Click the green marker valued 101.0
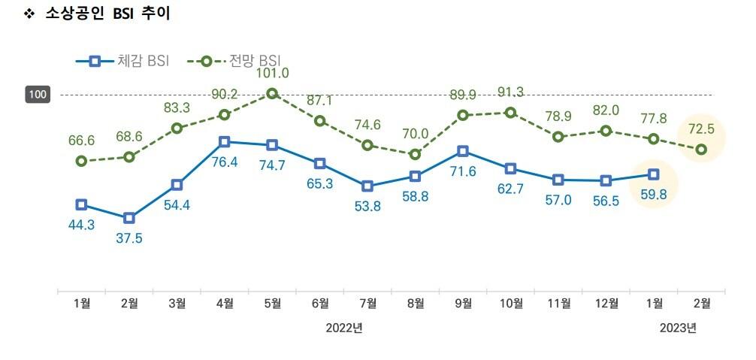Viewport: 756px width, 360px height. (272, 93)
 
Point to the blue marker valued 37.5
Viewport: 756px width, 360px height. (129, 218)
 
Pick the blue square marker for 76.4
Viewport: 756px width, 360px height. (224, 141)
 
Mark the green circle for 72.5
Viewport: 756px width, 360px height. (701, 150)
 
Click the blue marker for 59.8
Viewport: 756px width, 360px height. (654, 174)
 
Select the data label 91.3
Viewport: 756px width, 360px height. (511, 92)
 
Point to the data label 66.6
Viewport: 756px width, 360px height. (81, 141)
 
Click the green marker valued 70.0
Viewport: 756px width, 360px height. (415, 154)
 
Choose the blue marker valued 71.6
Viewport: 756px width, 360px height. (463, 151)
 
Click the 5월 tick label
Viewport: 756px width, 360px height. (272, 304)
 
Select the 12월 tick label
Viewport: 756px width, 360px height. (606, 304)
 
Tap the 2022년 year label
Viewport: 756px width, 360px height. (344, 328)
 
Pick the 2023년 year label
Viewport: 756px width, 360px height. (678, 328)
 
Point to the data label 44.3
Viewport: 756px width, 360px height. (81, 225)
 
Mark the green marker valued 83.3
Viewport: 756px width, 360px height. (177, 128)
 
